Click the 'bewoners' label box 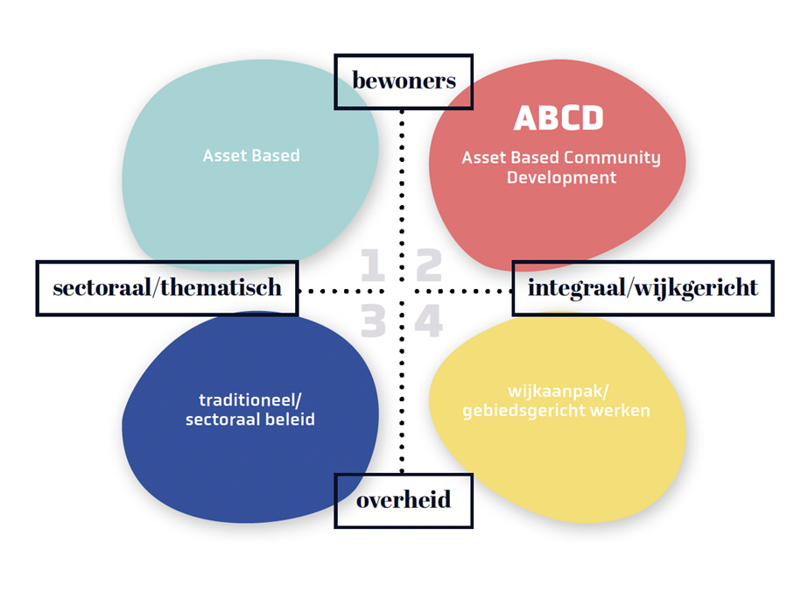point(404,81)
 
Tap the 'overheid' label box point(404,501)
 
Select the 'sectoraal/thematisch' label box point(167,287)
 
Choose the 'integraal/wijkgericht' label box point(643,287)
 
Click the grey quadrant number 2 point(429,266)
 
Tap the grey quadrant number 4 point(429,322)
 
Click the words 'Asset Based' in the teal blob point(251,156)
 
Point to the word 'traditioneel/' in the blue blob point(249,400)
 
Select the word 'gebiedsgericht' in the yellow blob point(523,410)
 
